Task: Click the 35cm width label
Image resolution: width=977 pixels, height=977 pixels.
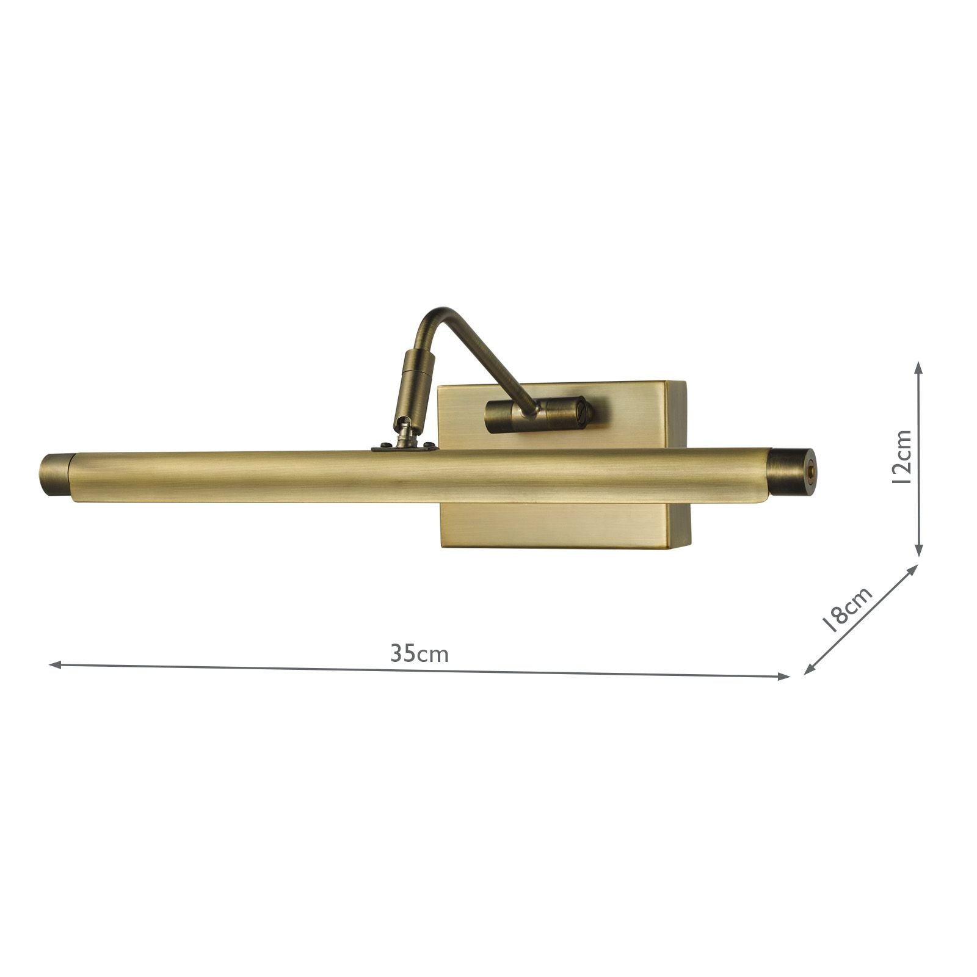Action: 419,654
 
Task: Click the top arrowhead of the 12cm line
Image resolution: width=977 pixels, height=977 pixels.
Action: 917,365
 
